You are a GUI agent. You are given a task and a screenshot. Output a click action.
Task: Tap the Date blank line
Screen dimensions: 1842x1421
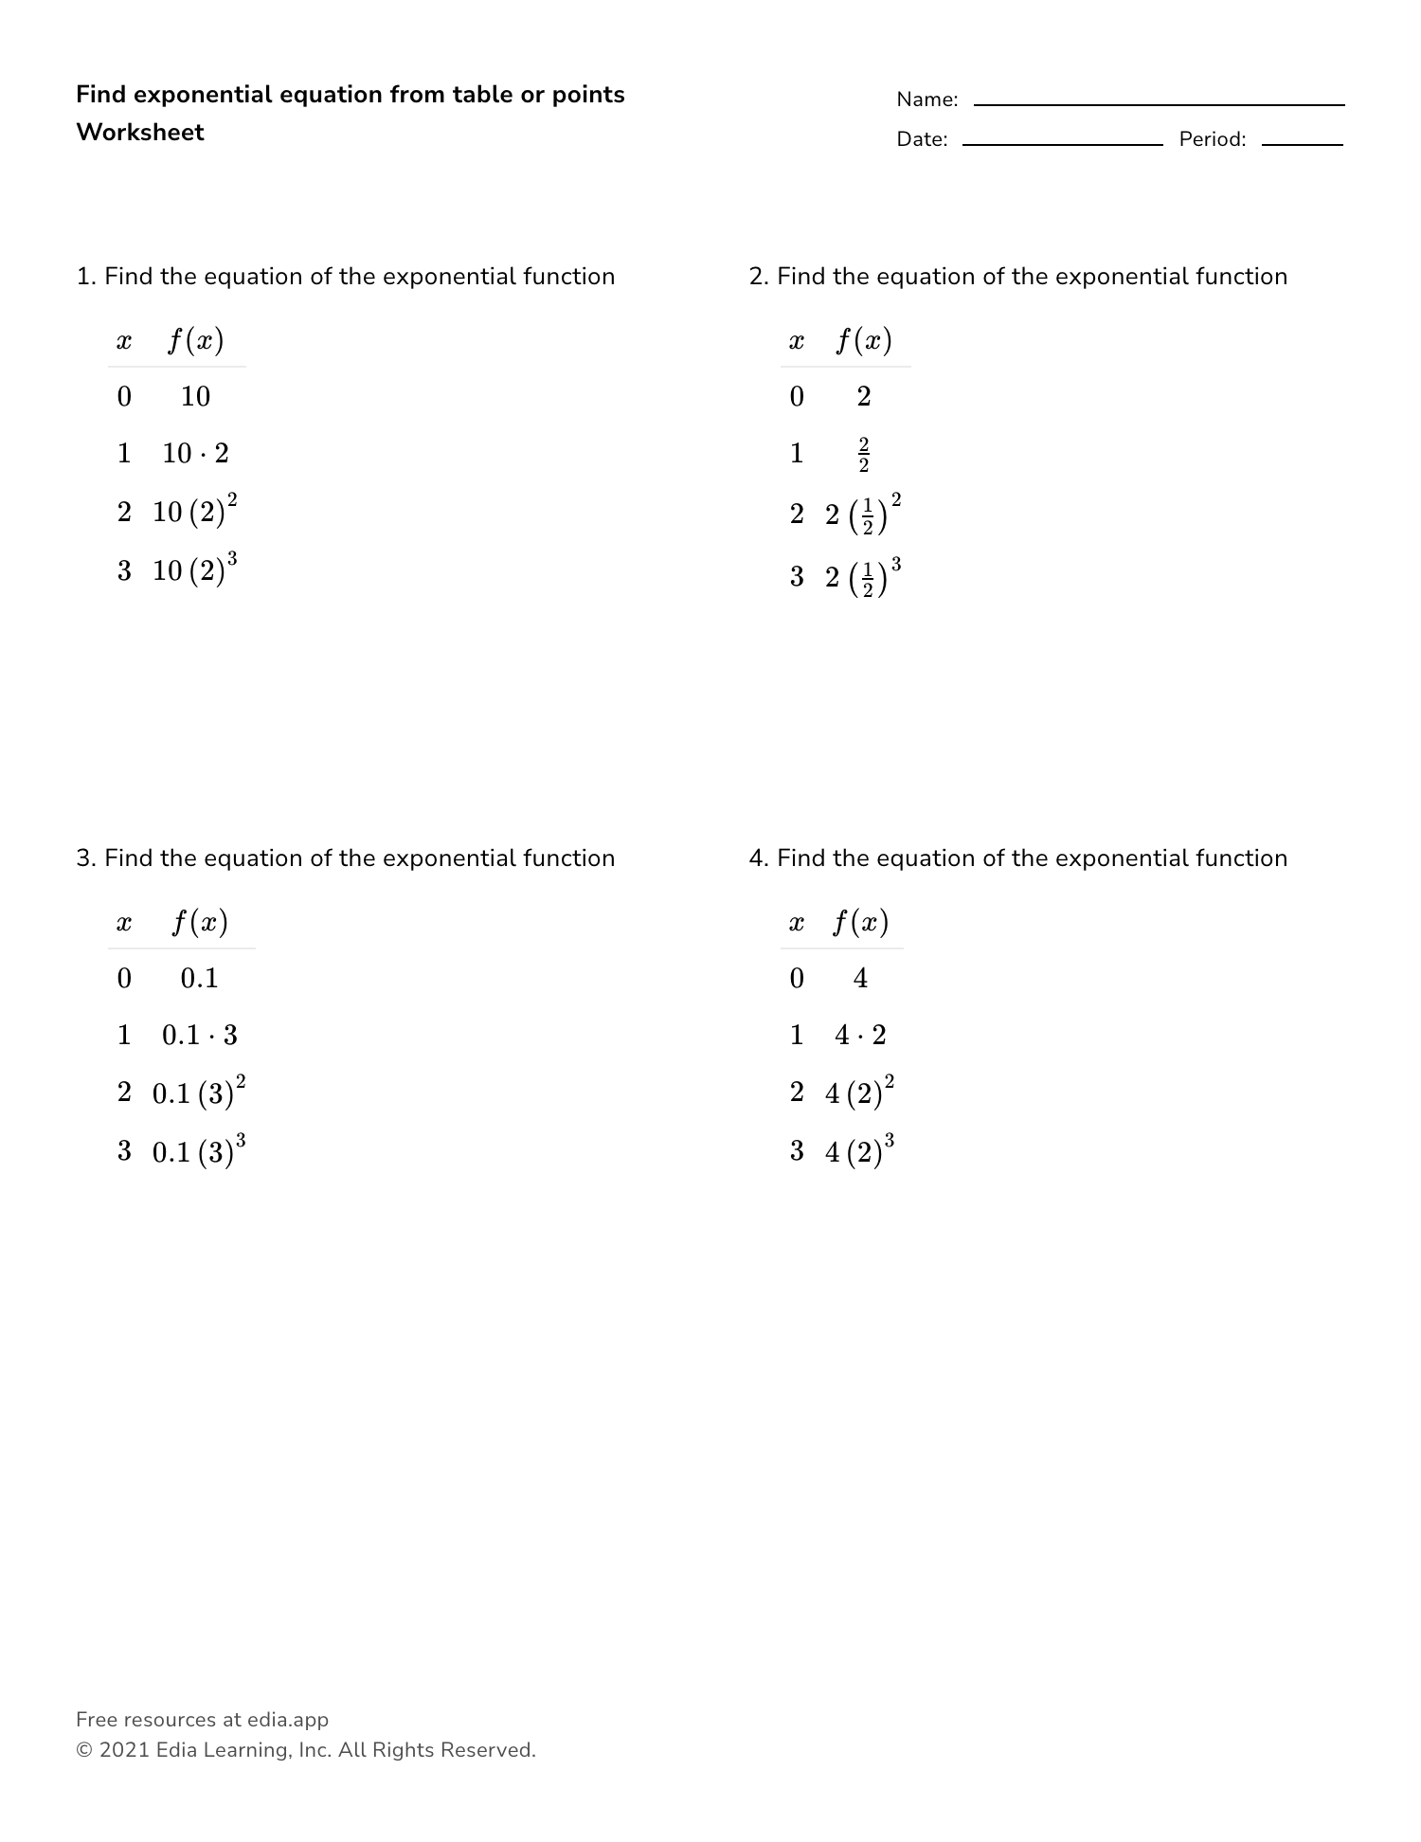1062,144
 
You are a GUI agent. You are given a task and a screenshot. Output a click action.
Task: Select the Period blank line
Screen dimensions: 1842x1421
1302,144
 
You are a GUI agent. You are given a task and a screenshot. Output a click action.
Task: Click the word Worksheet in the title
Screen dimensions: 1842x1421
140,133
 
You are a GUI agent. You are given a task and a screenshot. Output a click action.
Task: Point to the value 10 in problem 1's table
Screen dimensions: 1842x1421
195,396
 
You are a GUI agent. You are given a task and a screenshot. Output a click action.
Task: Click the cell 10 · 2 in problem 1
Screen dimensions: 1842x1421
195,453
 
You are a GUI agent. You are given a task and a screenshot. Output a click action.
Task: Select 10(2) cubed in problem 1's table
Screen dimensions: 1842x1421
195,570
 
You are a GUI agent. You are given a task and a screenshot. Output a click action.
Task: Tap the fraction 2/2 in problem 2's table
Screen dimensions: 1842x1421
863,455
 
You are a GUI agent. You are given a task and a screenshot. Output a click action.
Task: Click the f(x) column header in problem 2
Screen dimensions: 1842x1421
863,340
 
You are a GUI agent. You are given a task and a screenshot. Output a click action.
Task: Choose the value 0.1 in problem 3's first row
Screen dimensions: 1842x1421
199,978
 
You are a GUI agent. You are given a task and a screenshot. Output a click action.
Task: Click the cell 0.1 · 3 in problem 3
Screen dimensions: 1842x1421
199,1035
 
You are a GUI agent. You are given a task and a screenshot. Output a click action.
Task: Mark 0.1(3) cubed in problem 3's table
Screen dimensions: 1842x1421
199,1151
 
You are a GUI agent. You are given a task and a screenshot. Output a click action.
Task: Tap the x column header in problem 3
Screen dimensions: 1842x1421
124,923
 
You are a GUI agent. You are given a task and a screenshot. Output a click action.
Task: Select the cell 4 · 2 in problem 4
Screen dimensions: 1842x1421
860,1035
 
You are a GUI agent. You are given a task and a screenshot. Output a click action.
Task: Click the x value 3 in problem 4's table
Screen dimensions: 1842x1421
797,1151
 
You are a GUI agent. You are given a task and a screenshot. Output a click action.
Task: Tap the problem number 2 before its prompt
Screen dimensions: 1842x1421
756,277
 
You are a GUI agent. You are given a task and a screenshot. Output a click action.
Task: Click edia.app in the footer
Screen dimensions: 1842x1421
288,1720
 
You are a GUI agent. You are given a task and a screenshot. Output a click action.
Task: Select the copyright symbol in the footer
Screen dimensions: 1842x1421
83,1751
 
